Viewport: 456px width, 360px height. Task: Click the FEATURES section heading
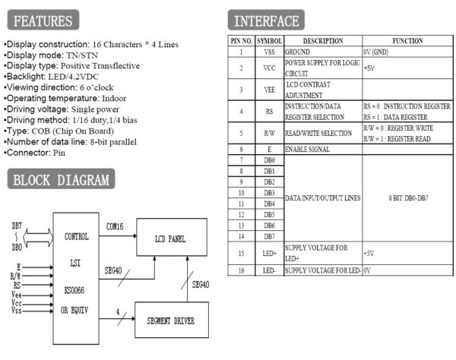43,21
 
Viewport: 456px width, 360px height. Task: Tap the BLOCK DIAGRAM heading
62,180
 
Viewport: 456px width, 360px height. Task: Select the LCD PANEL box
170,237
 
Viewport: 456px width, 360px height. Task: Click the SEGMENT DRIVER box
170,320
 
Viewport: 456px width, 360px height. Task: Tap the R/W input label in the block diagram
16,276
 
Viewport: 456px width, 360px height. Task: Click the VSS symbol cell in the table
269,52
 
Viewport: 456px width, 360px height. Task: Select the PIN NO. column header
241,40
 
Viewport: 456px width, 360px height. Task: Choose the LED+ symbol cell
269,253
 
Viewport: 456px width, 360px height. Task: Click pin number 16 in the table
241,270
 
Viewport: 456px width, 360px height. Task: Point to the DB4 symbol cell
269,204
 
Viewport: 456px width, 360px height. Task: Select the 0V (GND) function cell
377,52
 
